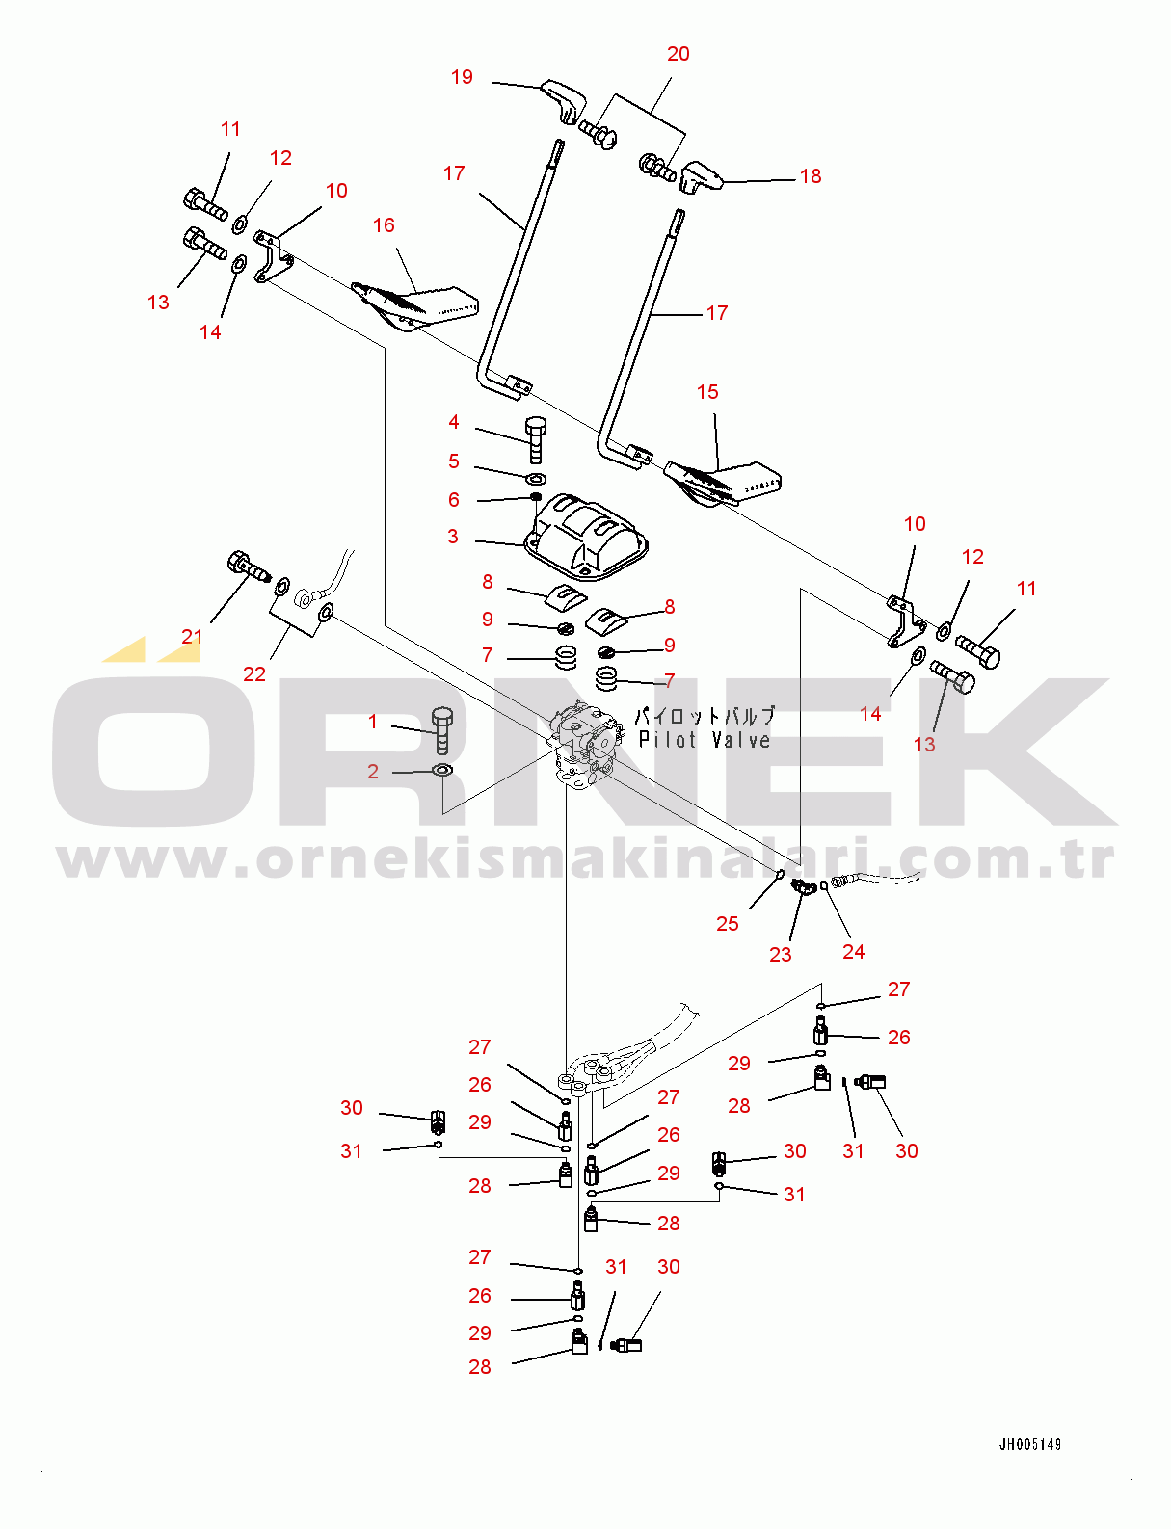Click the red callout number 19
coord(462,77)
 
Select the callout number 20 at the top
coord(678,54)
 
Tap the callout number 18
coord(811,176)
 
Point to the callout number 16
coord(384,225)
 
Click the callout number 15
coord(707,392)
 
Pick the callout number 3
coord(452,537)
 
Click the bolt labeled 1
coord(442,730)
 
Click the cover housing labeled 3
coord(586,538)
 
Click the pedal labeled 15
coord(724,483)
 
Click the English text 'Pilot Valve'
coord(705,740)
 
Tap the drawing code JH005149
coord(1030,1444)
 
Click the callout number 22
coord(254,674)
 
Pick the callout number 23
coord(781,954)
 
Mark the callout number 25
coord(727,924)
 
